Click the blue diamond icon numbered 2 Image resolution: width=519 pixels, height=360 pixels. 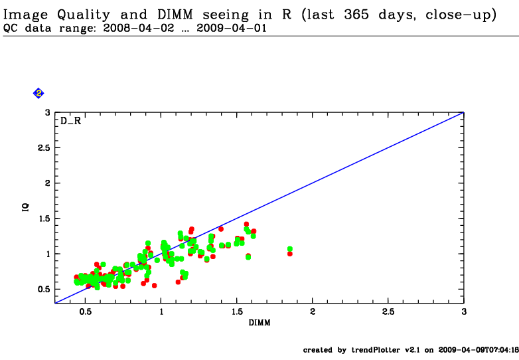(38, 94)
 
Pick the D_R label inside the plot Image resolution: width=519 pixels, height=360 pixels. (71, 122)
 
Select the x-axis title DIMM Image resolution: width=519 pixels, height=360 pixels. (259, 323)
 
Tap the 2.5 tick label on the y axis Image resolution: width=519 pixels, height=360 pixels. (42, 148)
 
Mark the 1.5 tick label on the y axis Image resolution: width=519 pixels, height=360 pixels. (42, 219)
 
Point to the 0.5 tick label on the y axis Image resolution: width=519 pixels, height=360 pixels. (42, 289)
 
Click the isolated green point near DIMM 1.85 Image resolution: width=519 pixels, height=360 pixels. (290, 249)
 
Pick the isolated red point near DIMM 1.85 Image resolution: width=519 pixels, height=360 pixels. (290, 254)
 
